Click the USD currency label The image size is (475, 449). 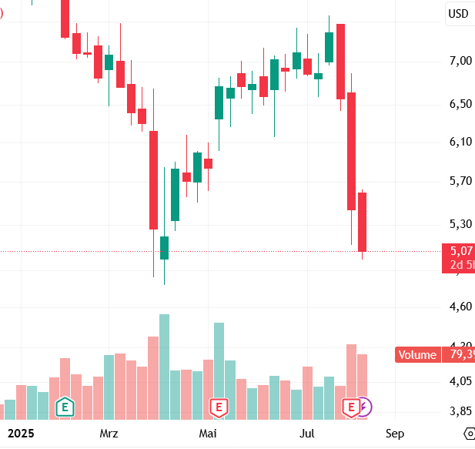[x=459, y=13]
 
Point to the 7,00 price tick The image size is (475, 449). [x=461, y=61]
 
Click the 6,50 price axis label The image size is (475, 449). [x=461, y=103]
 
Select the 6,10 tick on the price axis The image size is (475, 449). [x=461, y=142]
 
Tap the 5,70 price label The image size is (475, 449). [x=461, y=182]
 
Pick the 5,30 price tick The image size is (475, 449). [x=461, y=224]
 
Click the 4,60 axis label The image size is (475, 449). [x=461, y=307]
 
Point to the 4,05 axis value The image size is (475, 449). [x=461, y=381]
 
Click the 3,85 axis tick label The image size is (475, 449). [x=461, y=411]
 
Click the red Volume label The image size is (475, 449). [x=416, y=355]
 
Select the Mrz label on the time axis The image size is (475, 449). [x=109, y=434]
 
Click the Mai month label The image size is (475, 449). [x=208, y=434]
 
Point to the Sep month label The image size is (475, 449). [x=395, y=434]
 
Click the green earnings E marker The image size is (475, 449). [x=65, y=406]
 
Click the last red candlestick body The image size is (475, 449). [x=362, y=222]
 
